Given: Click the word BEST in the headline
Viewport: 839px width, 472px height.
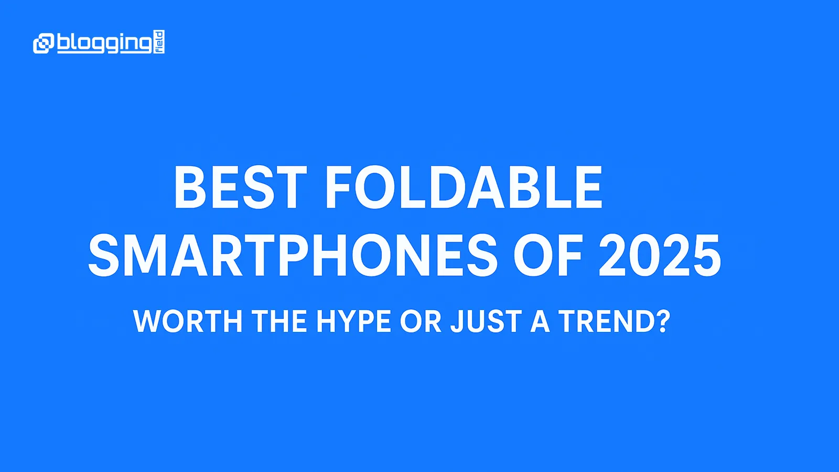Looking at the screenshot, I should click(240, 188).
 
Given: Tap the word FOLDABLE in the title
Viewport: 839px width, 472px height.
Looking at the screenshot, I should click(464, 188).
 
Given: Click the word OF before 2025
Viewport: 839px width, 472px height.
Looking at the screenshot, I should click(547, 255).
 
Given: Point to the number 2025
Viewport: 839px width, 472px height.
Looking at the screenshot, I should click(660, 255).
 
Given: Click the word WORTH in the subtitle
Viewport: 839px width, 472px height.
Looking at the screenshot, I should click(188, 321).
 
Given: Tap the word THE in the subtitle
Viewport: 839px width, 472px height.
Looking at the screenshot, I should click(279, 321).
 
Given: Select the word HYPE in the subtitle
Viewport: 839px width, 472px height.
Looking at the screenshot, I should click(353, 321).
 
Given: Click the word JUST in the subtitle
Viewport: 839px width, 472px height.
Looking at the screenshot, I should click(486, 321).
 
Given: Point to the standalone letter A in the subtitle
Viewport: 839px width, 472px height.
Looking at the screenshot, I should click(540, 321).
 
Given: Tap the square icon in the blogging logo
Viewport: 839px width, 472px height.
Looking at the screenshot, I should click(44, 43).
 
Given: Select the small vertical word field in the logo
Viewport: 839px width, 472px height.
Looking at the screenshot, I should click(159, 42).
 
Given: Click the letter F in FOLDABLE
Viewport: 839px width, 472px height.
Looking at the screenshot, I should click(338, 188).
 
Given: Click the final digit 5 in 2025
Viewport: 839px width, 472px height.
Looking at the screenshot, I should click(706, 255).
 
